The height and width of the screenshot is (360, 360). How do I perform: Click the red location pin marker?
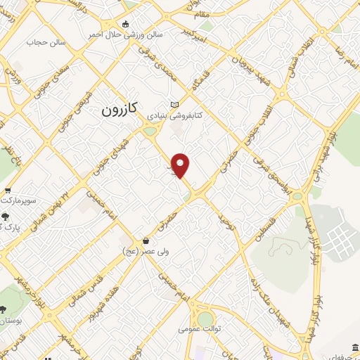[181, 165]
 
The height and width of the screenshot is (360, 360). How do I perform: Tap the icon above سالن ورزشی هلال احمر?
[126, 24]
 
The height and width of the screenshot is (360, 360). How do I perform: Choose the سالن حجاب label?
[46, 42]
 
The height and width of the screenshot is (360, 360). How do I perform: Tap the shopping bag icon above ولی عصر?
[146, 240]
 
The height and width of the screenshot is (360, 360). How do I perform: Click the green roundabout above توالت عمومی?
[205, 319]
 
